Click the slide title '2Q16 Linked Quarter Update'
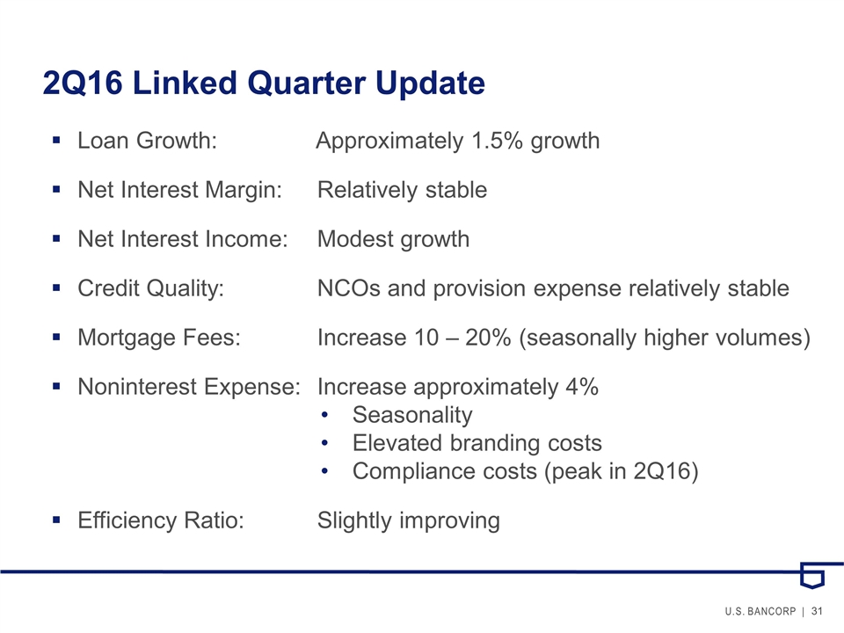[264, 84]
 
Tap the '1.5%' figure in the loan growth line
[497, 141]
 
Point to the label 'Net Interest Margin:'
[180, 190]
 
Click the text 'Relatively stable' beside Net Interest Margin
[402, 190]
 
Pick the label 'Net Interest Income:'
[183, 239]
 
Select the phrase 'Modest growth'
[393, 239]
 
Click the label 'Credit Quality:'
[150, 288]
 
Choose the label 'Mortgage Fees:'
[159, 338]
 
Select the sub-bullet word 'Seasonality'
[412, 415]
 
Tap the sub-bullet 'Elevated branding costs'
[477, 443]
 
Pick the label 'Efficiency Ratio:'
[161, 520]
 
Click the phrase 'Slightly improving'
[408, 520]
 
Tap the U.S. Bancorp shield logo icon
[811, 575]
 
